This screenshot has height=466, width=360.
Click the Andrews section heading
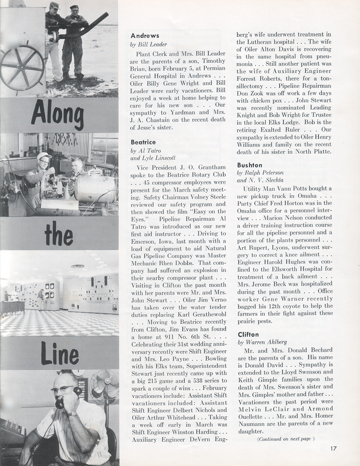tap(145, 36)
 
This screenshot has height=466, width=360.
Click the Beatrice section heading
tap(143, 142)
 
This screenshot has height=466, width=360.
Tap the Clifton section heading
tap(248, 334)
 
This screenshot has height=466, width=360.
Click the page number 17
tap(333, 449)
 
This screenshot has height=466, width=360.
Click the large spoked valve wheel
tap(22, 67)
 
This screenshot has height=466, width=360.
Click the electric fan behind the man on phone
tap(104, 387)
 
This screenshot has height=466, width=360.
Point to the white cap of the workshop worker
tap(44, 156)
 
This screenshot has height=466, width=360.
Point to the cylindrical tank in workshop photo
tap(95, 188)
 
